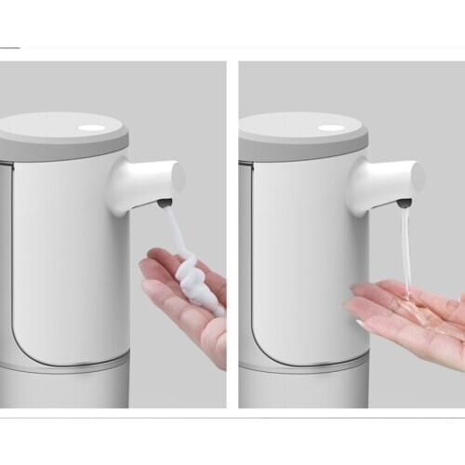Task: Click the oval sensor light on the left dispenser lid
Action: (x=92, y=127)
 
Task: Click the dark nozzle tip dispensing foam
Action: (x=165, y=201)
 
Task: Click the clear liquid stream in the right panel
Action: (x=407, y=251)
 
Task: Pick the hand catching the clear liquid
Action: (x=409, y=316)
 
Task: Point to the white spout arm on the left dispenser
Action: (x=144, y=181)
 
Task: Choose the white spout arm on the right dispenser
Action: (x=384, y=181)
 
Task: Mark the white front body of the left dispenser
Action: (x=70, y=260)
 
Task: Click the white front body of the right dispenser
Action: (x=307, y=260)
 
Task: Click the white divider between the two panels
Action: (x=232, y=232)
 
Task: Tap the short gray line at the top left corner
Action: (x=9, y=46)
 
